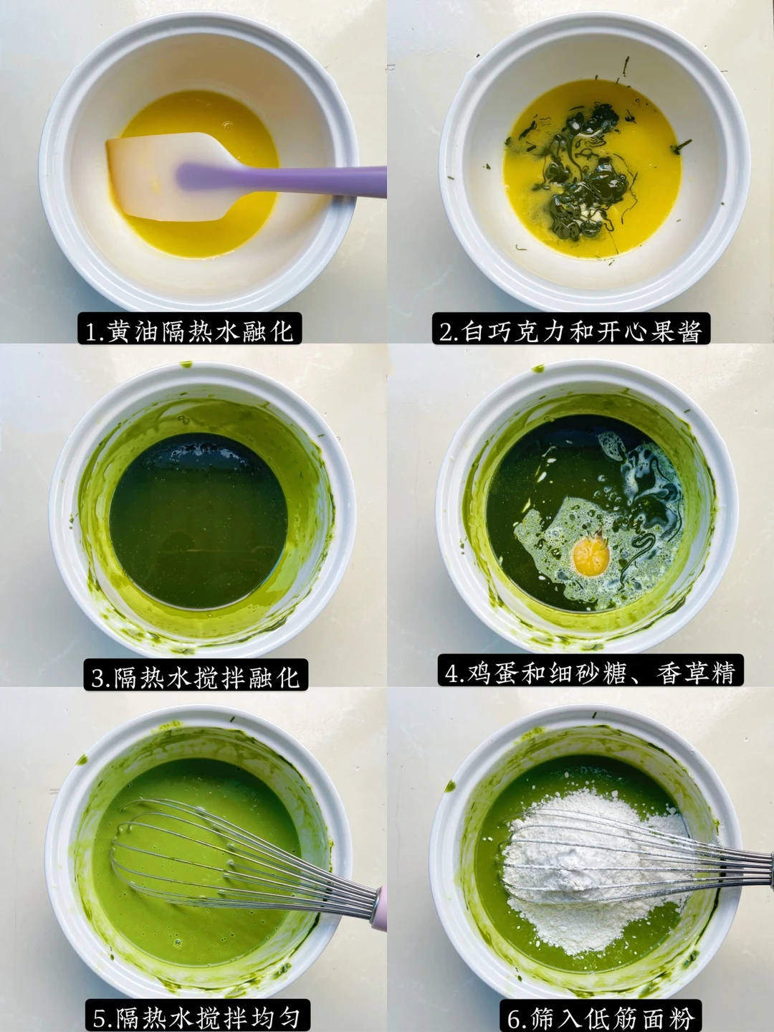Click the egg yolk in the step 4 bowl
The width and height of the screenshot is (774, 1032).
[x=591, y=557]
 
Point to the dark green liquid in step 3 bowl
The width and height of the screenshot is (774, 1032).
[x=199, y=519]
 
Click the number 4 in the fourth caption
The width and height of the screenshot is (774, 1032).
[x=451, y=671]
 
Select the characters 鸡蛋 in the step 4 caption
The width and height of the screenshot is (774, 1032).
[x=493, y=671]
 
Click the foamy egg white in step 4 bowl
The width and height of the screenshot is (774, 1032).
[x=596, y=526]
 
